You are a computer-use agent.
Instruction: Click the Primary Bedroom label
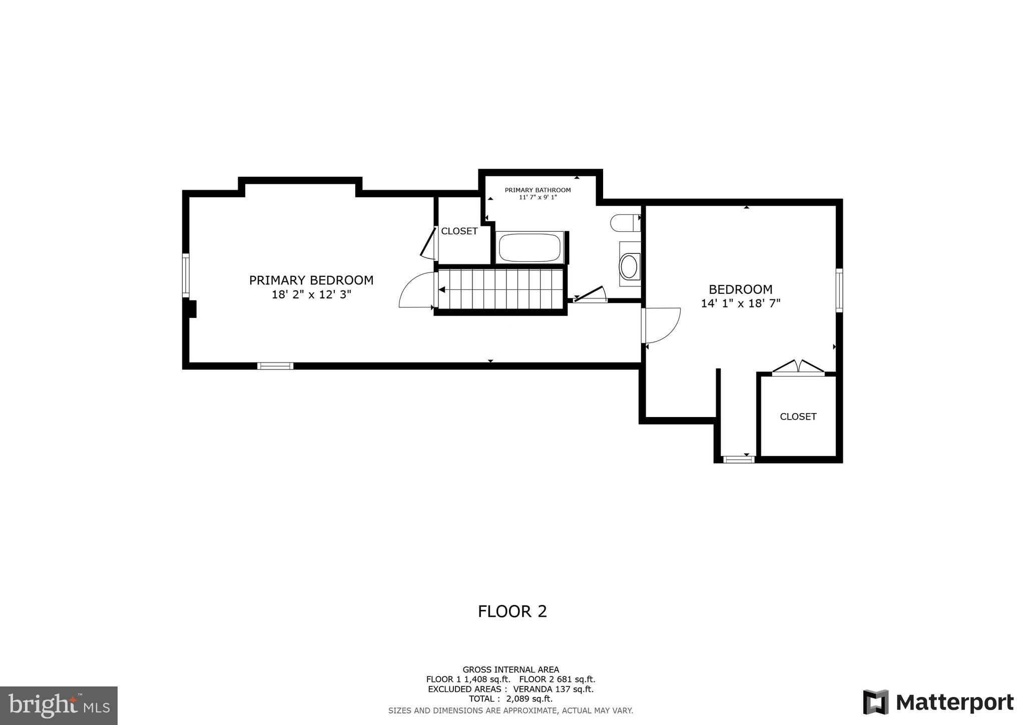tap(311, 280)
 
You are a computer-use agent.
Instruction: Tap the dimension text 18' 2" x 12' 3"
tap(311, 294)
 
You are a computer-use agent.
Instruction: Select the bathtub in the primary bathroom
tap(530, 247)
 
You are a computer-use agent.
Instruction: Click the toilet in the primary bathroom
tap(625, 223)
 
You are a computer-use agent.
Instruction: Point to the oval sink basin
tap(629, 266)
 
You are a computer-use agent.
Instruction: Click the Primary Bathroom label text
tap(538, 190)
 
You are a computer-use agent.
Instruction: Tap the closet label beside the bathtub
tap(459, 231)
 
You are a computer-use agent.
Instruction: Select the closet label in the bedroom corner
tap(798, 416)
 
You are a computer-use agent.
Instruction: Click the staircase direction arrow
tap(442, 289)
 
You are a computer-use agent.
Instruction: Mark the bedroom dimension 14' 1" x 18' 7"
tap(740, 303)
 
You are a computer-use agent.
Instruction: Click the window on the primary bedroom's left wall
tap(186, 275)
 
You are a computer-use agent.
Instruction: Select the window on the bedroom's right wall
tap(839, 290)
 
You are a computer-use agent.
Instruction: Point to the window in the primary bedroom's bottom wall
tap(275, 366)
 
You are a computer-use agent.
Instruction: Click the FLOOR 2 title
tap(512, 611)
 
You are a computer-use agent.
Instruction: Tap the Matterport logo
tap(938, 702)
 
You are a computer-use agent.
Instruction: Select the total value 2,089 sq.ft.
tap(529, 698)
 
